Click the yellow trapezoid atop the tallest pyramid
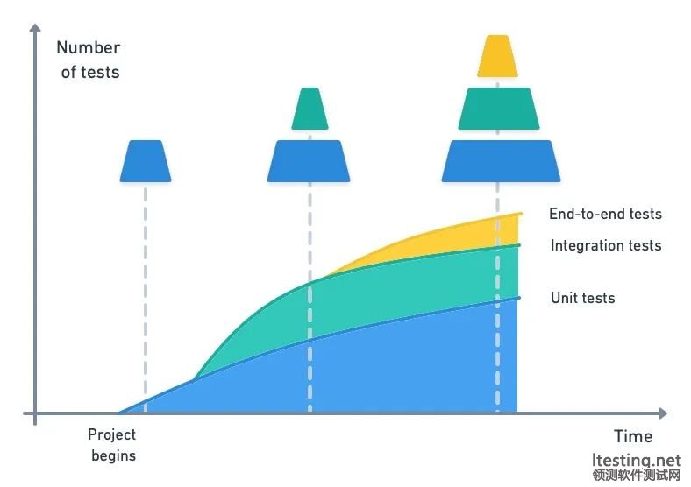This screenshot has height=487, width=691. click(497, 56)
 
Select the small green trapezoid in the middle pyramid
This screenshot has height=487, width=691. click(310, 109)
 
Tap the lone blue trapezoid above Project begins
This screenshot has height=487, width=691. click(146, 161)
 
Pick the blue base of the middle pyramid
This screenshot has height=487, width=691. click(309, 161)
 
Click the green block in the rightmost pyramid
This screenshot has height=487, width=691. click(499, 109)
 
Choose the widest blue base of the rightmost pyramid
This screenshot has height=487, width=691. click(501, 161)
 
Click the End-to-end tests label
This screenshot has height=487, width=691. click(606, 214)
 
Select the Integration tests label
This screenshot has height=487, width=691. click(606, 245)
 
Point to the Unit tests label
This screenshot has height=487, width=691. click(582, 298)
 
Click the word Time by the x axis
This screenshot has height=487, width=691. click(633, 436)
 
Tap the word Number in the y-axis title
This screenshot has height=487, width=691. click(89, 47)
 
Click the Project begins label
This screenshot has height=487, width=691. click(112, 445)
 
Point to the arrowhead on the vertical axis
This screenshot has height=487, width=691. click(35, 27)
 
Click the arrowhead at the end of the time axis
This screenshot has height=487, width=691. click(664, 413)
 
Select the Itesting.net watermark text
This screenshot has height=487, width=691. click(637, 460)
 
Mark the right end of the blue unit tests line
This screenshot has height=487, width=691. click(520, 298)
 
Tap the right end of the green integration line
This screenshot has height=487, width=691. click(519, 245)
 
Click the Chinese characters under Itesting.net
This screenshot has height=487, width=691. click(637, 476)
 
